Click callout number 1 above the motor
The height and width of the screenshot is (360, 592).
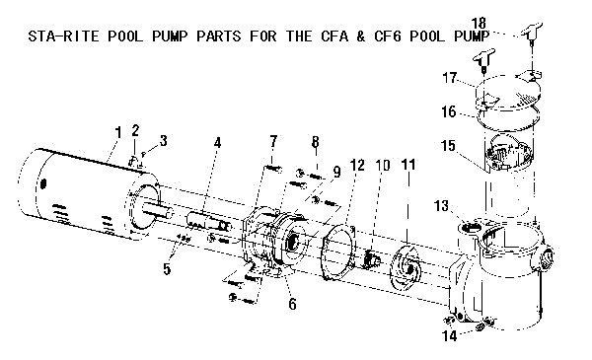tap(118, 133)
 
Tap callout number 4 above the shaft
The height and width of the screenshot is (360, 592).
tap(217, 143)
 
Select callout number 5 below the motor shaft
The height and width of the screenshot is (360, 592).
tap(167, 269)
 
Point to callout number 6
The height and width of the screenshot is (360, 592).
tap(292, 304)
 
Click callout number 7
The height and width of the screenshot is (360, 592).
tap(273, 141)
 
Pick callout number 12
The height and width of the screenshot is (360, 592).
tap(357, 166)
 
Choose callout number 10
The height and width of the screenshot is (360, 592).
tap(383, 165)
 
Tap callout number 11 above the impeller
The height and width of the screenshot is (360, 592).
tap(408, 165)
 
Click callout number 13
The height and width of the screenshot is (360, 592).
tap(441, 206)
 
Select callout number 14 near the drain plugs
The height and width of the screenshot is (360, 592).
tap(450, 335)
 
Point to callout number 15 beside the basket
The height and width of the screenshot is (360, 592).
tap(448, 146)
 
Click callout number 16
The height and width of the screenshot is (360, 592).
tap(449, 111)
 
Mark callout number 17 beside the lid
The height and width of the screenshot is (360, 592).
tap(450, 78)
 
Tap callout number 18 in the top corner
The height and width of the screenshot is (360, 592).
tap(479, 24)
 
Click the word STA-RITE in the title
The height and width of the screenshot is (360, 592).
tap(63, 36)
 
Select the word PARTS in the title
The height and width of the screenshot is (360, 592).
tap(219, 36)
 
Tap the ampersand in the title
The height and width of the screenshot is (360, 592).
tap(361, 36)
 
